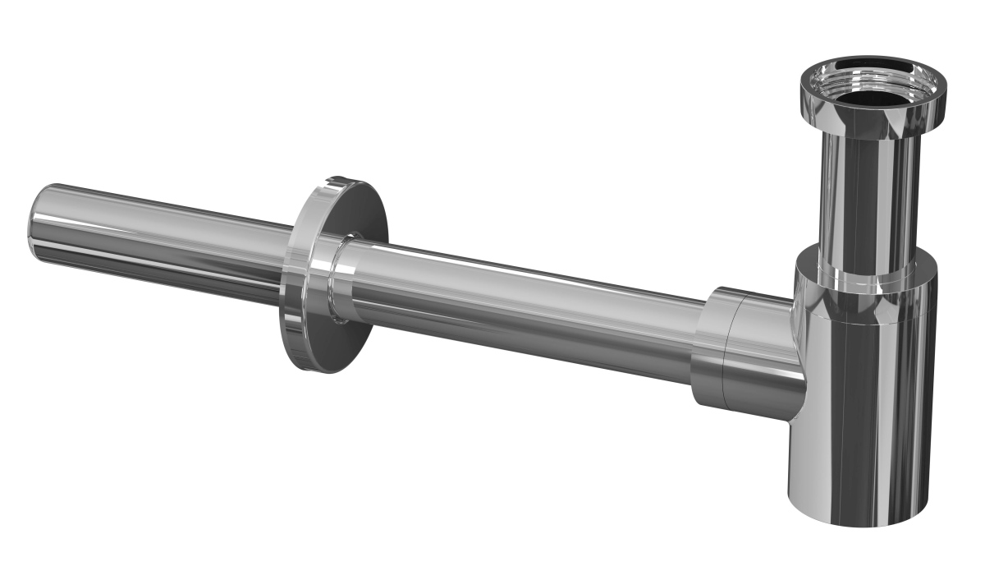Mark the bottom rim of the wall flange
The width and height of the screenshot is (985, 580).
coord(324,369)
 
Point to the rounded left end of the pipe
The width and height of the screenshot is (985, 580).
coord(37,218)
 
